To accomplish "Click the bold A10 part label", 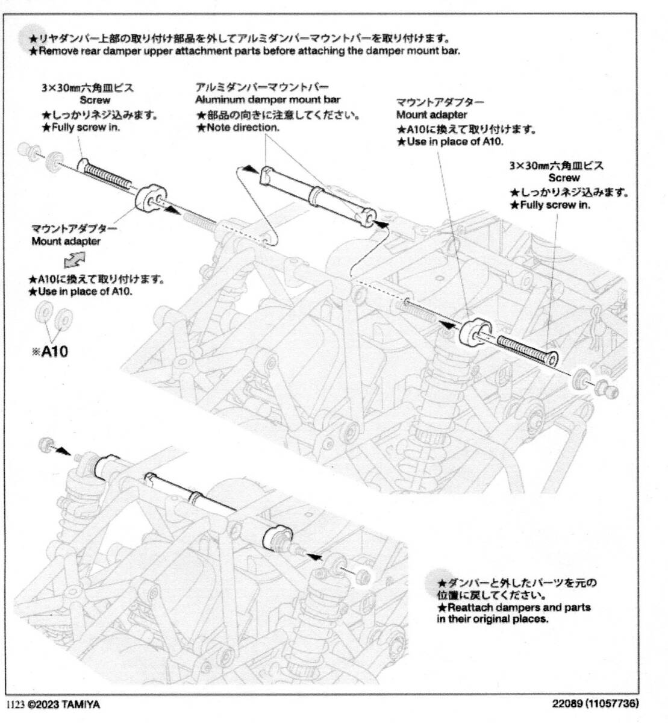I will (54, 351).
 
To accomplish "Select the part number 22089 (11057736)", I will (596, 703).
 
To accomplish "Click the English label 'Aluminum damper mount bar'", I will (267, 99).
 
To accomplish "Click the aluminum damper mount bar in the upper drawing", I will (317, 195).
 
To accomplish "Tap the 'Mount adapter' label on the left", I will (66, 242).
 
